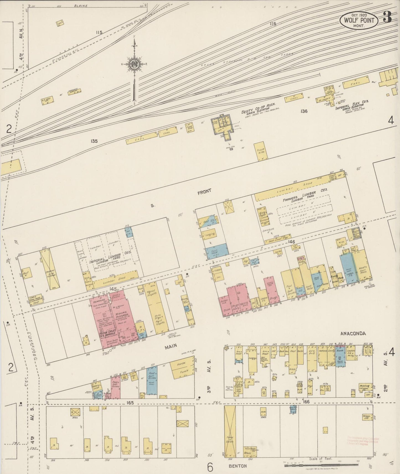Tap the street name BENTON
pyautogui.click(x=238, y=465)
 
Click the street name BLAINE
pyautogui.click(x=81, y=6)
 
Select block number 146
pyautogui.click(x=291, y=242)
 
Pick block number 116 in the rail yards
pyautogui.click(x=273, y=24)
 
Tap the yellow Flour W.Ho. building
pyautogui.click(x=260, y=151)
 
